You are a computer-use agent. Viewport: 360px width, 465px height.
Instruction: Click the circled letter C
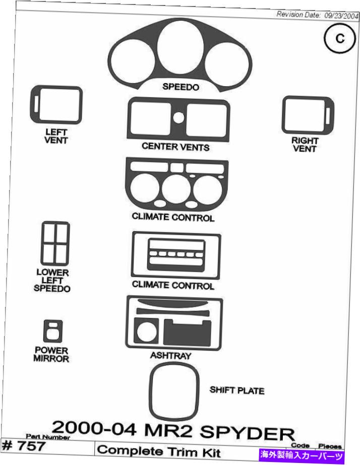pos(340,39)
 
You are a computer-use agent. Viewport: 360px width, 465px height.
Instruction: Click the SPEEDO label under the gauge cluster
pos(181,87)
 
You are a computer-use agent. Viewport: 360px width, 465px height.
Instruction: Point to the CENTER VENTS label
pos(175,147)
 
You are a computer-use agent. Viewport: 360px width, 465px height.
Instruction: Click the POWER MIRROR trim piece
pos(45,331)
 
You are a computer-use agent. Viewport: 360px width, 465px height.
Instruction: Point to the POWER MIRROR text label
pos(51,354)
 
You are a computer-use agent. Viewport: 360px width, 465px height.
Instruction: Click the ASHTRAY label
pos(170,355)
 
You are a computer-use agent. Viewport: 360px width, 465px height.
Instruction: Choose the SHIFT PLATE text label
pos(237,390)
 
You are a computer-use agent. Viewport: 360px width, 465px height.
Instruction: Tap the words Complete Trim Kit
pos(159,451)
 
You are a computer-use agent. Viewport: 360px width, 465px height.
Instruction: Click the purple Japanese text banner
pos(301,456)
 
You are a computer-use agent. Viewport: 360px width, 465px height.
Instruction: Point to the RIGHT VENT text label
pos(305,145)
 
